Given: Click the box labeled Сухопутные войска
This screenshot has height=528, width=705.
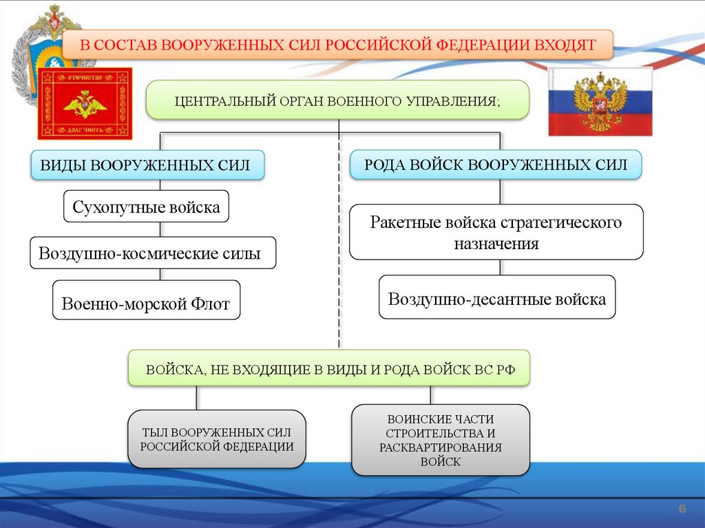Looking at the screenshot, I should tap(146, 207).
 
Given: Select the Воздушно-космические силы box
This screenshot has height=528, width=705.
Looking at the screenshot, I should tap(153, 253).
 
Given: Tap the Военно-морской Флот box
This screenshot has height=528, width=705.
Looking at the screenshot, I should tap(146, 300).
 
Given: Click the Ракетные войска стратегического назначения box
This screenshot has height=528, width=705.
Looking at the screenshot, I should tap(496, 232).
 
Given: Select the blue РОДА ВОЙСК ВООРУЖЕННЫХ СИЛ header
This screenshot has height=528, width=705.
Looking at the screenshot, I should tap(496, 165).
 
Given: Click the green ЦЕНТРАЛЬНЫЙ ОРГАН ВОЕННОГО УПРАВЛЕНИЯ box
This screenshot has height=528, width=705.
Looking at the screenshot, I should tap(337, 101).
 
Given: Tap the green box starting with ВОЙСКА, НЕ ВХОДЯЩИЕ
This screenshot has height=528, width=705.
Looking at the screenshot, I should tap(330, 368).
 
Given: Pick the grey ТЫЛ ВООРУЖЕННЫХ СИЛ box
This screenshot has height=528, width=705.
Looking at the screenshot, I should tap(217, 439).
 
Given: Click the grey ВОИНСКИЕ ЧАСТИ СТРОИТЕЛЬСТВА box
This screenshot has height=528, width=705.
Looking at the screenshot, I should tap(441, 440).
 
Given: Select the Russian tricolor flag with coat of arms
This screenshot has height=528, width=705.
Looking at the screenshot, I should tap(600, 102).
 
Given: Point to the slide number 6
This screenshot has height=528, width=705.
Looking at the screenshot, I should tap(682, 508).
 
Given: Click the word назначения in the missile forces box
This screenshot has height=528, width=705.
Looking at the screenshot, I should tap(496, 243).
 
